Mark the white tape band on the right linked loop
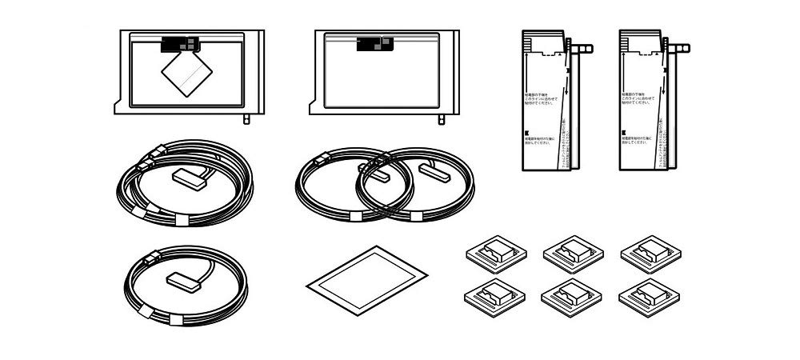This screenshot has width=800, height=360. (x=418, y=215)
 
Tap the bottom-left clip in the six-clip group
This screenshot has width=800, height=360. (x=494, y=296)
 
